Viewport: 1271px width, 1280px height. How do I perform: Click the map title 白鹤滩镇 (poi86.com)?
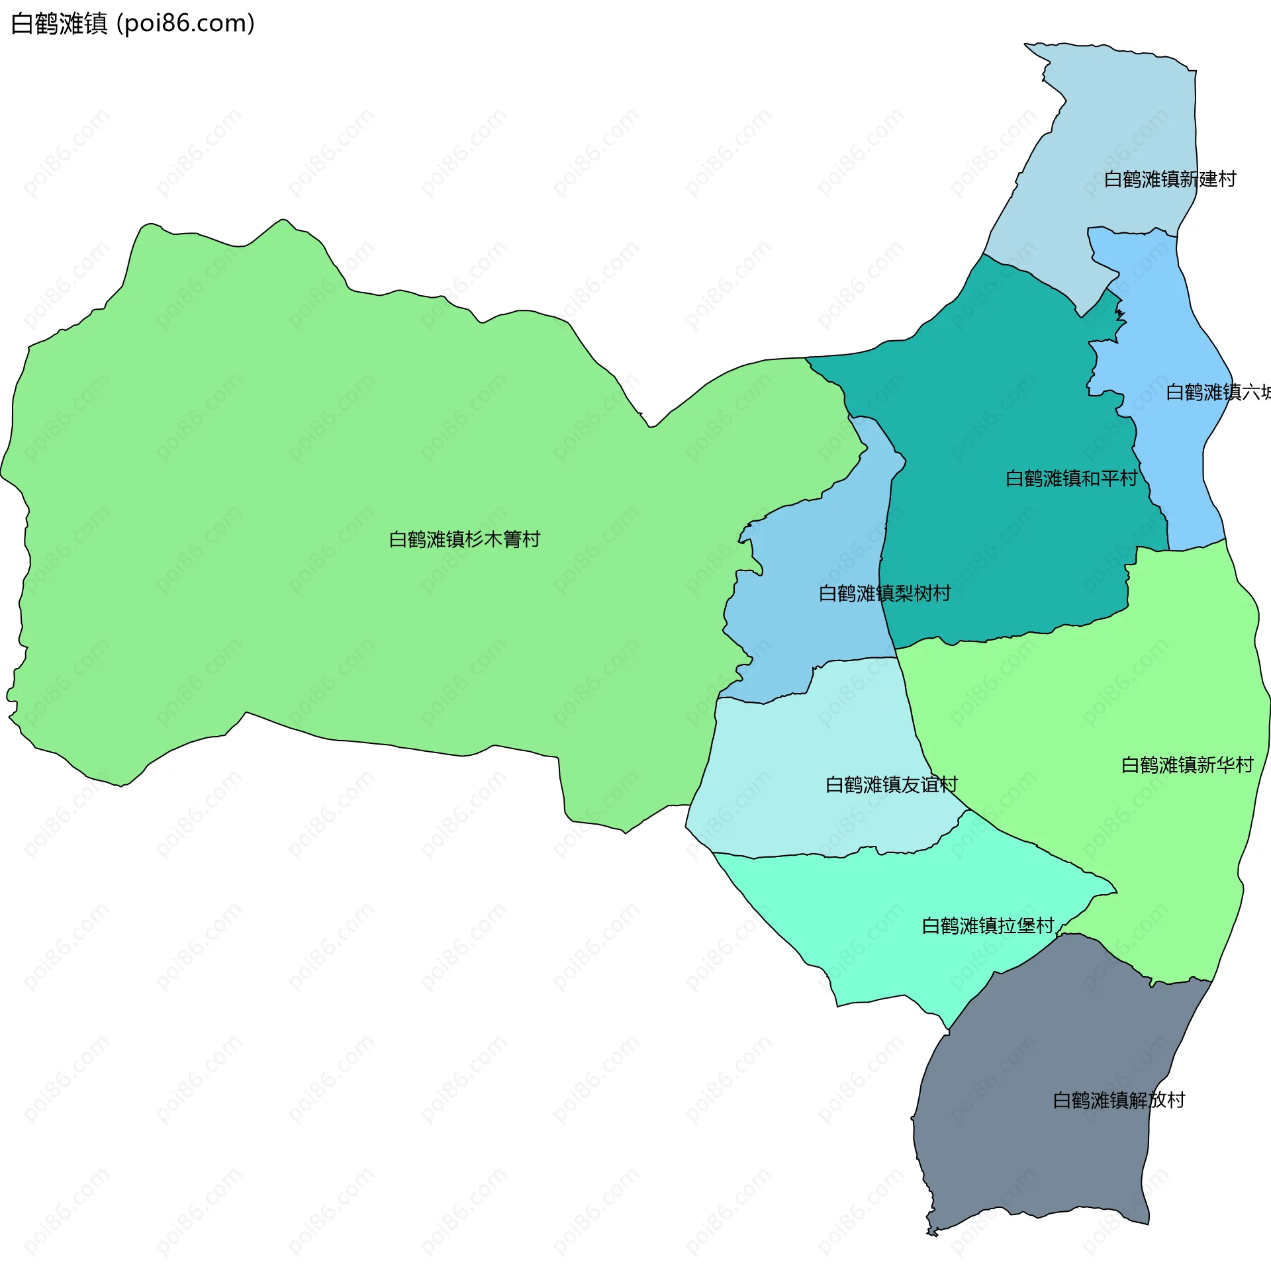pos(132,24)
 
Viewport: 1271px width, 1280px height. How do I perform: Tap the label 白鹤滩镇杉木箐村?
pos(464,540)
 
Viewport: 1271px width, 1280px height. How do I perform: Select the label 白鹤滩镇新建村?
pos(1170,179)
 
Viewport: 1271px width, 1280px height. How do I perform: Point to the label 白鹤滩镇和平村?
pos(1071,479)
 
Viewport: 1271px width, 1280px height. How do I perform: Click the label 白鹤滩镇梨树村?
pos(884,594)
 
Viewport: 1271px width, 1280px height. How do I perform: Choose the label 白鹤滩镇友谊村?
pos(891,785)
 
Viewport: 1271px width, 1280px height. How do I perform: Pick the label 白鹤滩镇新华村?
pos(1187,765)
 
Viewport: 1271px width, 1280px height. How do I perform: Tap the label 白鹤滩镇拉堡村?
pos(988,926)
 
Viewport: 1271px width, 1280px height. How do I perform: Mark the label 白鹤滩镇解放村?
pos(1119,1101)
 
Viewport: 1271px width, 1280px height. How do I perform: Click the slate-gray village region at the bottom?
pos(1034,1140)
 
